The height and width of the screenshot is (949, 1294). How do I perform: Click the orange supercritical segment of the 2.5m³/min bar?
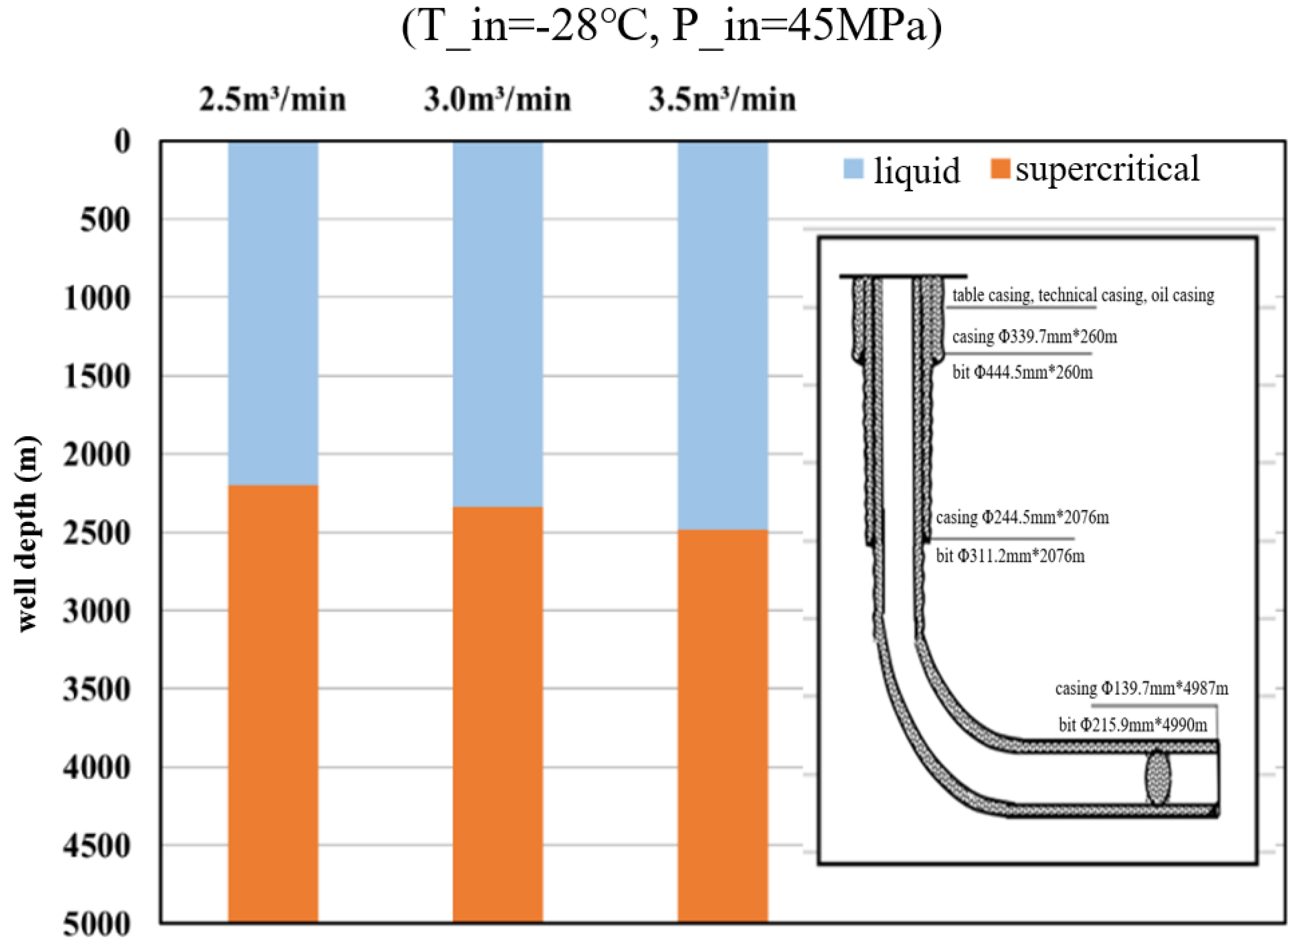tap(273, 704)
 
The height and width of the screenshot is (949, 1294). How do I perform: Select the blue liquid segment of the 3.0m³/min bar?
tap(498, 325)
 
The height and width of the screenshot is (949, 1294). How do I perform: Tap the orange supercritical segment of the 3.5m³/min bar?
tap(722, 726)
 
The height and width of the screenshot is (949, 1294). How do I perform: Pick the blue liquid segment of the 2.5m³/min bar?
tap(273, 313)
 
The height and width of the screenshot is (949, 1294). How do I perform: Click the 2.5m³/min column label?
tap(273, 100)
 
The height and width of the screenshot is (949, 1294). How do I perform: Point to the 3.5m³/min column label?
tap(722, 100)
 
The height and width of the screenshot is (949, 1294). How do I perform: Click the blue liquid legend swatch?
tap(853, 169)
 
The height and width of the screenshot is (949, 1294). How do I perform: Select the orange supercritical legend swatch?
tap(1000, 169)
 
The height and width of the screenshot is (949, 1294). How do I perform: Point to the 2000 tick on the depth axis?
tap(97, 454)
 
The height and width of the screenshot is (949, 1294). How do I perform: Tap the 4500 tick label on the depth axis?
tap(97, 846)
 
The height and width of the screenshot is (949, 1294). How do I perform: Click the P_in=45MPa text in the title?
tap(806, 27)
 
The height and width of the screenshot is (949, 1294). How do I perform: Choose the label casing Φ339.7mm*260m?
tap(1034, 337)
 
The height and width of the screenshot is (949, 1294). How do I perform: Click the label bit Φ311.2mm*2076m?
tap(1010, 556)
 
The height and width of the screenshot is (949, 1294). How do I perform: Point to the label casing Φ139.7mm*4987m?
tap(1141, 688)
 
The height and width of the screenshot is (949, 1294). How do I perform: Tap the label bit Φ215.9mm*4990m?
tap(1133, 725)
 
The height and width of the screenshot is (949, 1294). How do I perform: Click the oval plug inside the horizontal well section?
tap(1157, 778)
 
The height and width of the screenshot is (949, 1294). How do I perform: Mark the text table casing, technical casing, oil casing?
tap(1083, 295)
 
